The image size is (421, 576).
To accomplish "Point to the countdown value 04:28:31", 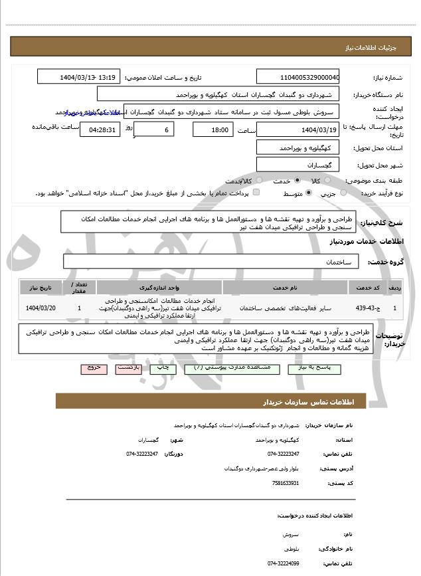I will (x=100, y=130).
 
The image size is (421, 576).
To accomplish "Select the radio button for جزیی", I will (x=343, y=193).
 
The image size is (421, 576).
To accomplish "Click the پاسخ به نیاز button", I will (x=313, y=367).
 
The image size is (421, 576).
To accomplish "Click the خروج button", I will (x=93, y=367).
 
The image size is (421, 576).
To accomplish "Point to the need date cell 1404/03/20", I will (x=41, y=308).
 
